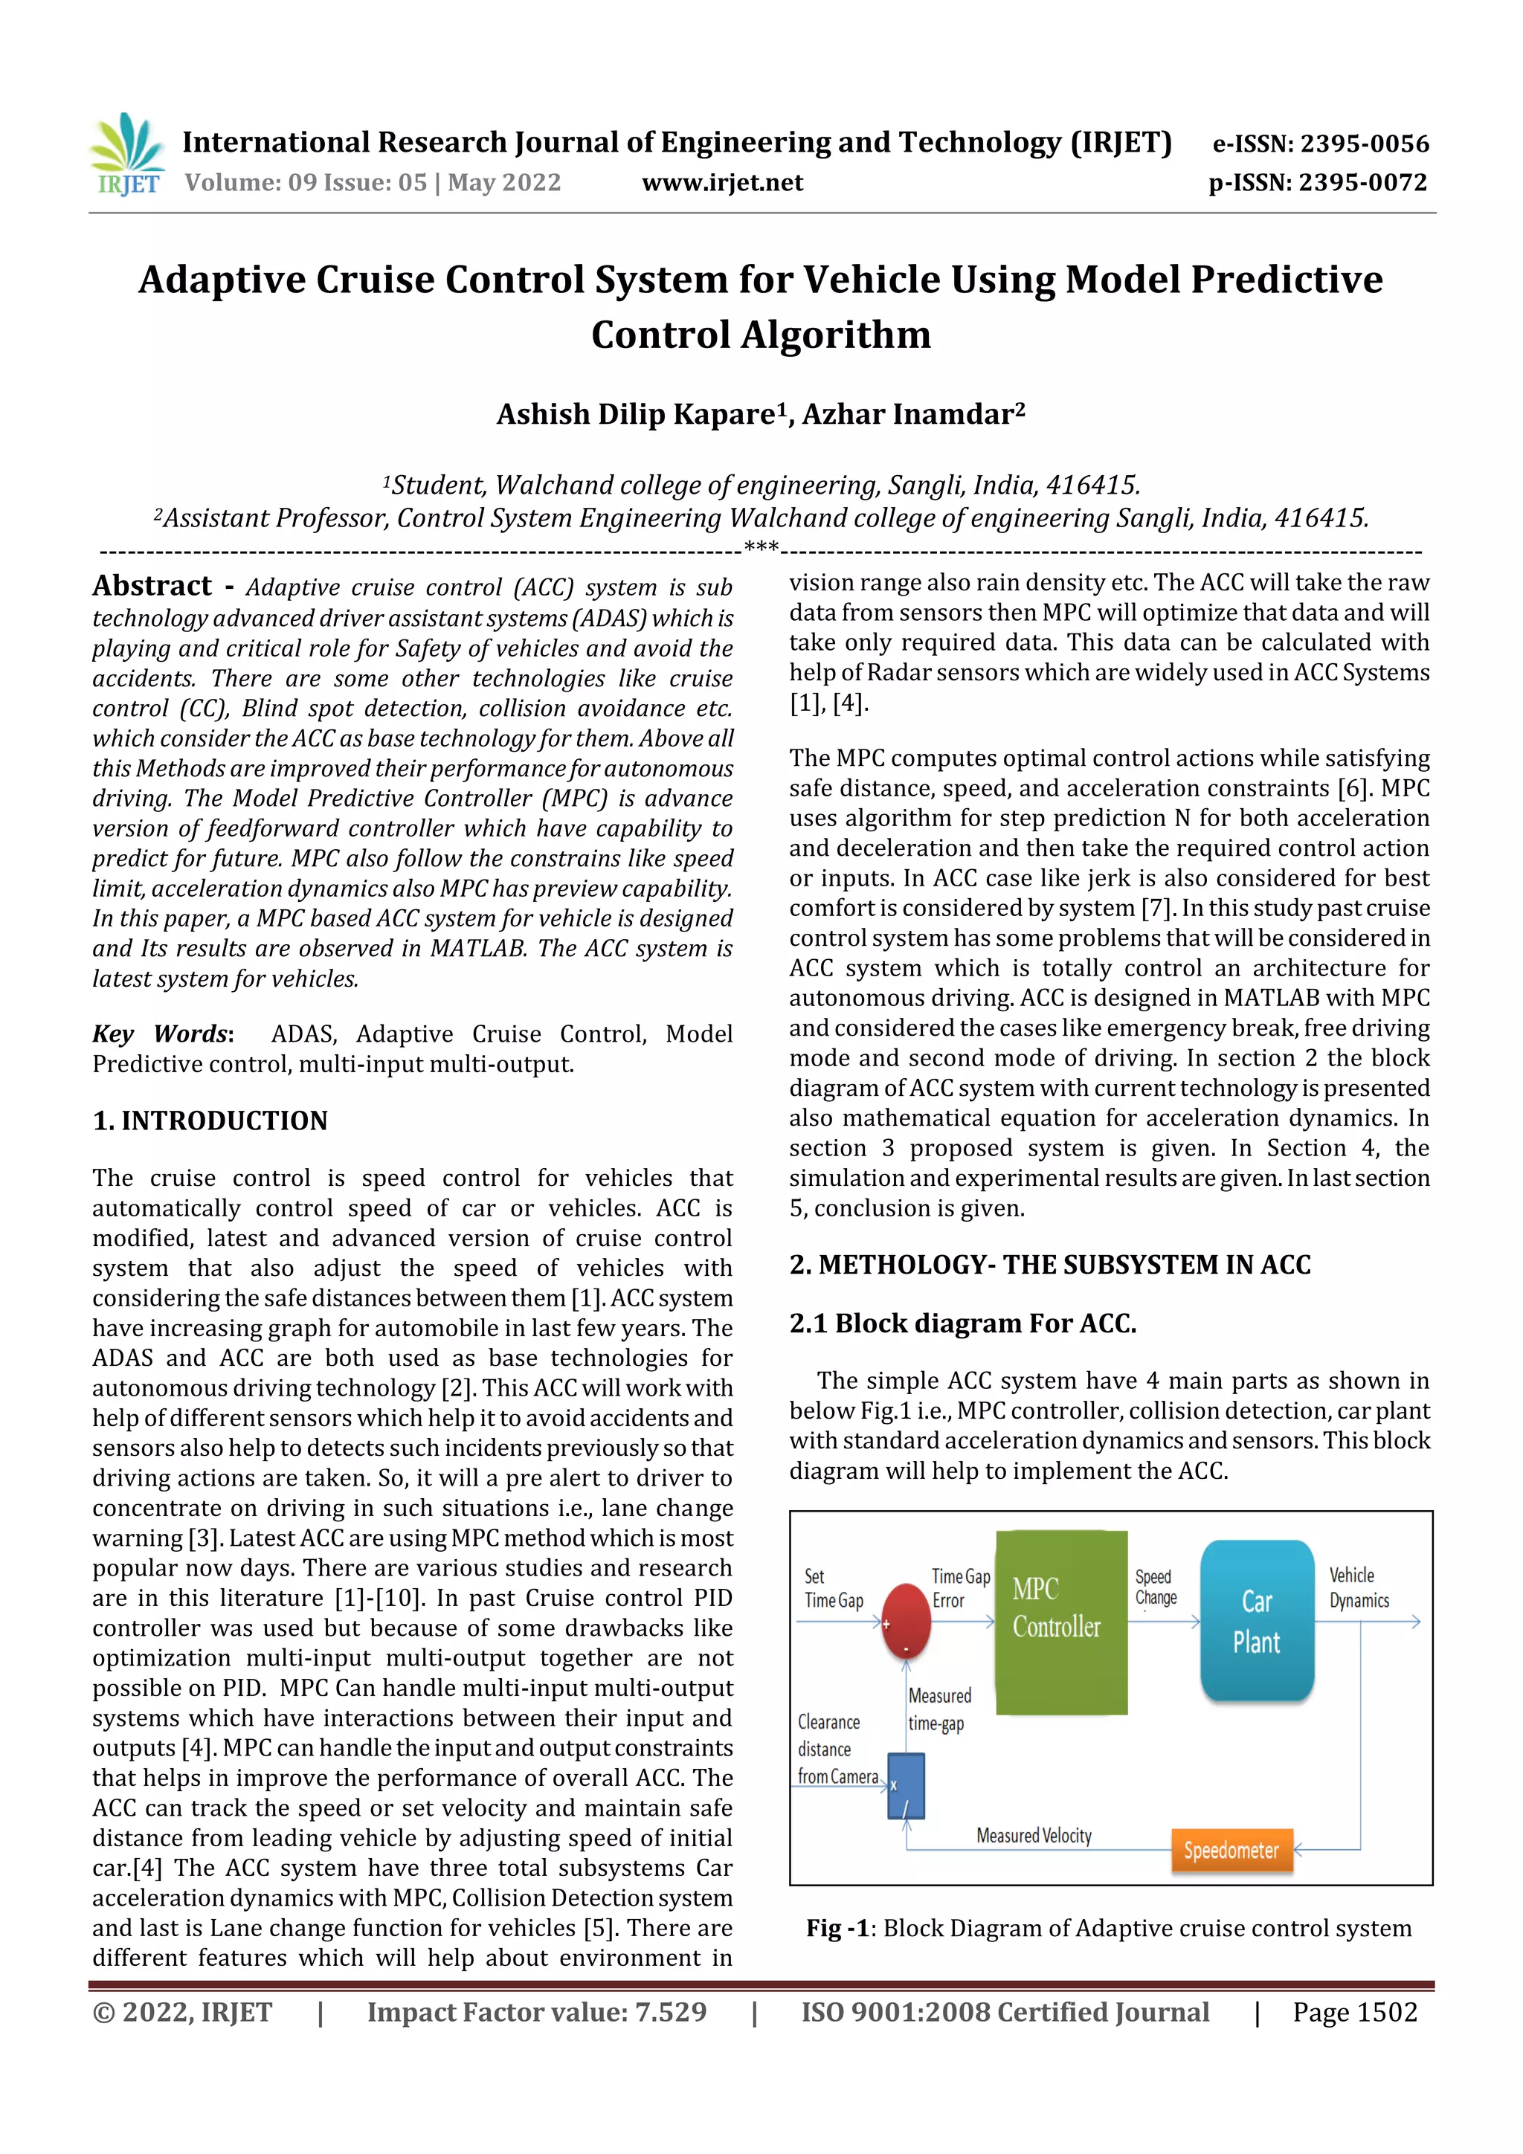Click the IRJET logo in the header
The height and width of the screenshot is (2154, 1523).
(128, 155)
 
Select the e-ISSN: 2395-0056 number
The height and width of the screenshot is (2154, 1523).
(1320, 144)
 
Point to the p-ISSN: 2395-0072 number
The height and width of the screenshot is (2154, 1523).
(1318, 182)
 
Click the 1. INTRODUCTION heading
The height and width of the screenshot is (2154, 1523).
(210, 1120)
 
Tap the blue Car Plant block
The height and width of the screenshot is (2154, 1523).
(1257, 1620)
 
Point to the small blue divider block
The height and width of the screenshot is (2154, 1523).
(906, 1786)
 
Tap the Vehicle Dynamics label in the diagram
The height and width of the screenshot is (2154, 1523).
(1358, 1587)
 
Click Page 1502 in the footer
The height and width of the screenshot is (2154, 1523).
(1354, 2012)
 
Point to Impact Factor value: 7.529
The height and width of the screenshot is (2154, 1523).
(537, 2012)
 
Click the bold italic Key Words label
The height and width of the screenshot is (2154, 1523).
(161, 1034)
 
